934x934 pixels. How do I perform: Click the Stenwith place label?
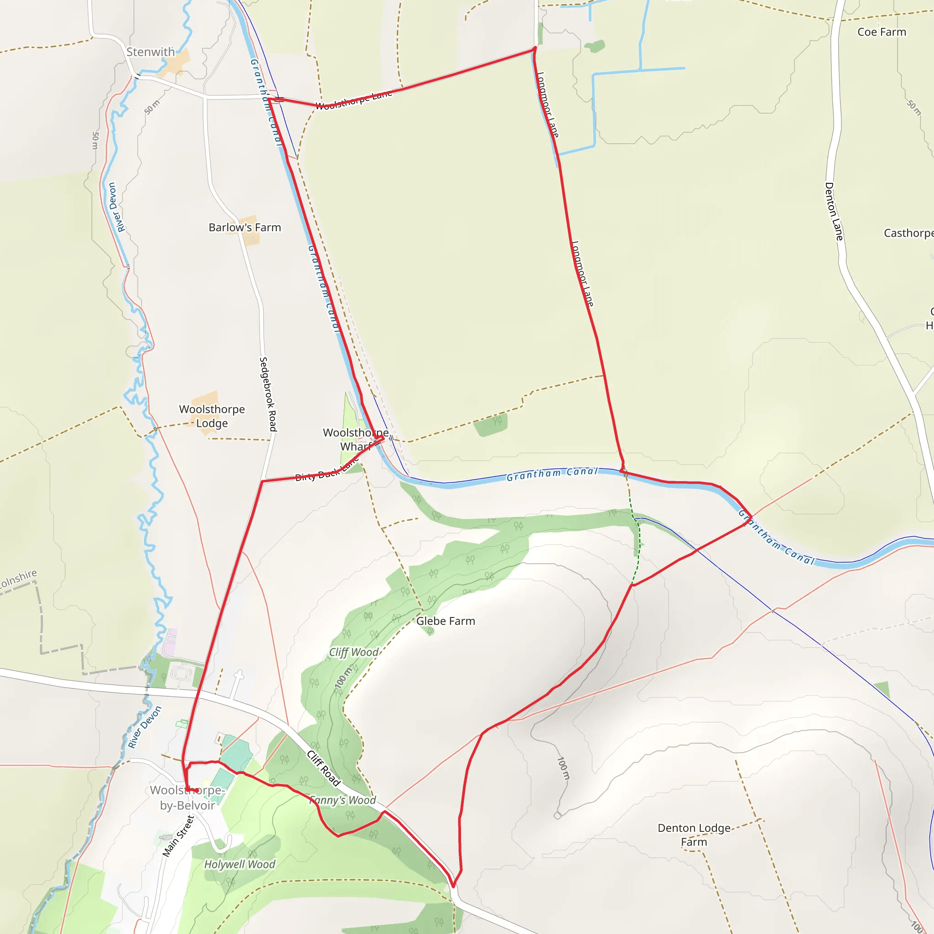pos(150,52)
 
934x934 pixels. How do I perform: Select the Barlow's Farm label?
pos(244,228)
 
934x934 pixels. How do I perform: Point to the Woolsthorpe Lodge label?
pos(212,416)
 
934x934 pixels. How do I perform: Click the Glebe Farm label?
pos(445,621)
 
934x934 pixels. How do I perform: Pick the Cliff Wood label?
pos(353,653)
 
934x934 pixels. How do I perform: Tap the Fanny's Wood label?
pos(343,800)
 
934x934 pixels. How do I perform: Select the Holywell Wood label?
pos(239,864)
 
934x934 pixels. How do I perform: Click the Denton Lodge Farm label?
pos(694,835)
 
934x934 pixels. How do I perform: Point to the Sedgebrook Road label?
pos(268,394)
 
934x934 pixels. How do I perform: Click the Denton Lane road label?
pos(834,211)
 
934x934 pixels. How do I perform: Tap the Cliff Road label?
pos(324,768)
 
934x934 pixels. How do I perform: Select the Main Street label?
pos(178,836)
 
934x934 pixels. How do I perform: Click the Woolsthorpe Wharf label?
pos(355,440)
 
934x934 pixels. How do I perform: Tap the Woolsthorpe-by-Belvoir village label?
pos(187,798)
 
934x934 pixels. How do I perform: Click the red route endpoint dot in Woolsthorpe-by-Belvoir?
pos(197,790)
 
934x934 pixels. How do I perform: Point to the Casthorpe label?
pos(908,233)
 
